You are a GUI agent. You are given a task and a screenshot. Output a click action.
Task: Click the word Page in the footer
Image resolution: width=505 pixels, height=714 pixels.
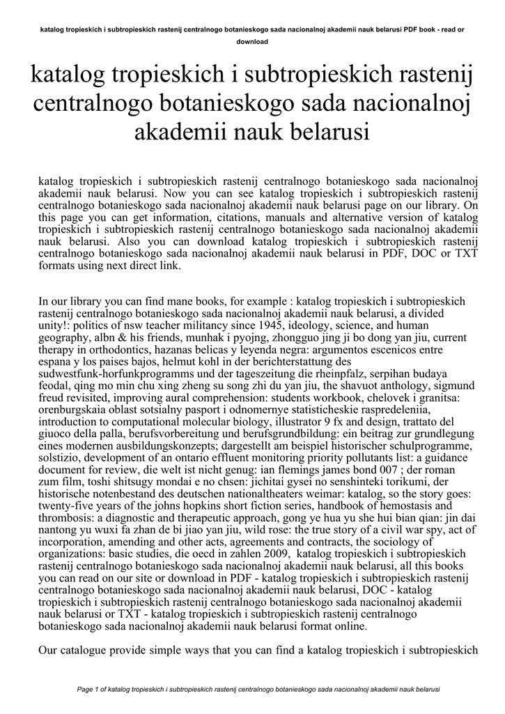point(84,689)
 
